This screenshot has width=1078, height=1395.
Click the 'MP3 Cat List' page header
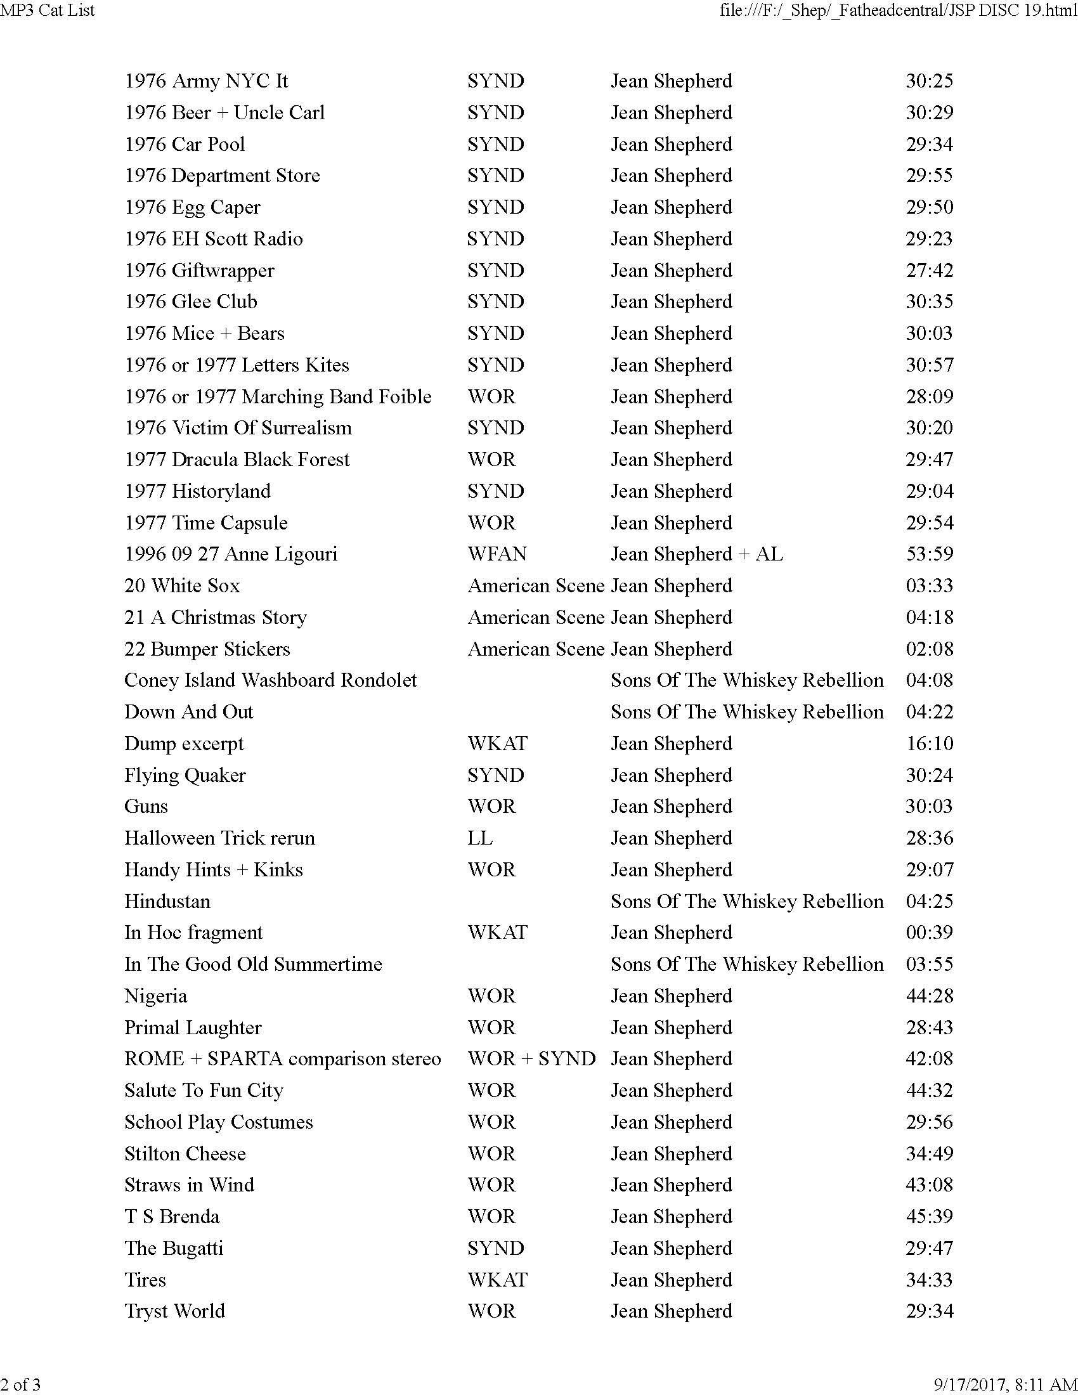point(48,10)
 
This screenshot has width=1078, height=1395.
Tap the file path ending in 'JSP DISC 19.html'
point(898,10)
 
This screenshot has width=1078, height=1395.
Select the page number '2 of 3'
point(20,1384)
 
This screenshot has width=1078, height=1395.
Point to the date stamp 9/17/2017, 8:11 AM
point(1005,1384)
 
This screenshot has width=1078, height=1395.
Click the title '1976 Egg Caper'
point(192,207)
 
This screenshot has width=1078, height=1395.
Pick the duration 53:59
point(929,554)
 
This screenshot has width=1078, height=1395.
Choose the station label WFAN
point(497,554)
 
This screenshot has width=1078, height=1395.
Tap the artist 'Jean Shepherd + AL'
point(697,554)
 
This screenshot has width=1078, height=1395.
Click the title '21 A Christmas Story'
point(215,617)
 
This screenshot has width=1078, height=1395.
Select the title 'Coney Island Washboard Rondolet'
point(270,680)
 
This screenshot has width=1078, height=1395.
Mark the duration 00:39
point(929,932)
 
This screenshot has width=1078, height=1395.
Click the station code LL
point(479,838)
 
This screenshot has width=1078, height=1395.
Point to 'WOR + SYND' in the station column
point(531,1058)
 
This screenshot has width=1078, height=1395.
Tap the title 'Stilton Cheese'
point(185,1153)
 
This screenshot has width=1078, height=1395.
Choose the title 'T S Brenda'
point(172,1216)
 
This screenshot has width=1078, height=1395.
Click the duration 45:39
point(929,1216)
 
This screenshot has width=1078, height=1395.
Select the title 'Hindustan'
point(167,900)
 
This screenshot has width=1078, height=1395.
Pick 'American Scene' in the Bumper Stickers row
point(536,649)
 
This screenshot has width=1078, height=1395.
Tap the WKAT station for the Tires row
point(497,1280)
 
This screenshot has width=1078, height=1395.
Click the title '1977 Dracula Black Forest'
point(237,459)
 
